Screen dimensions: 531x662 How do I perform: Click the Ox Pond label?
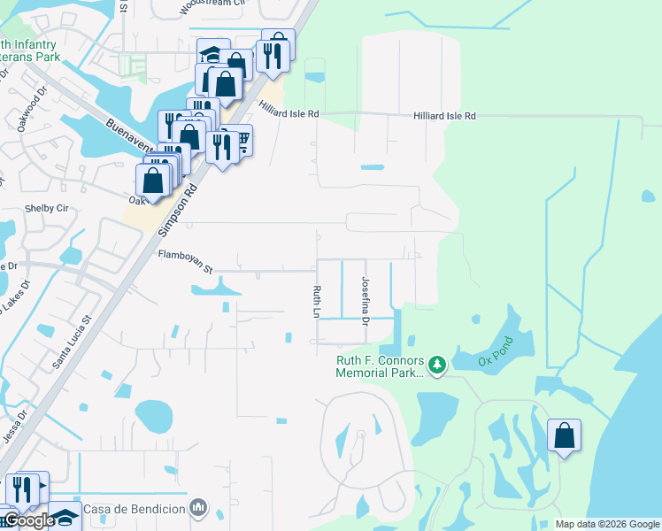[x=496, y=350]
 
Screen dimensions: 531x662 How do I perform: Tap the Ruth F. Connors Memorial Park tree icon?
[x=435, y=364]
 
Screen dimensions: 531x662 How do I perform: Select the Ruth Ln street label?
[x=315, y=301]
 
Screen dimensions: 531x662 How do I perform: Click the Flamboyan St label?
[x=185, y=256]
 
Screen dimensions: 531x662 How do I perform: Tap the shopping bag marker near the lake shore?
[x=564, y=435]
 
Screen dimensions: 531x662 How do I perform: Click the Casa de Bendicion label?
[x=135, y=509]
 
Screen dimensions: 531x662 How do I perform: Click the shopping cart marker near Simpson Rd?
[x=238, y=139]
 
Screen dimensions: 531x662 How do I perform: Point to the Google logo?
[x=28, y=520]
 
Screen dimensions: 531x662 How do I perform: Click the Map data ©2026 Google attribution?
[x=607, y=524]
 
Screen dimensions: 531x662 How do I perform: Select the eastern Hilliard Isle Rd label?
[x=444, y=116]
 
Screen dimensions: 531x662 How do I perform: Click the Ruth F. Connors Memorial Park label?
[x=379, y=366]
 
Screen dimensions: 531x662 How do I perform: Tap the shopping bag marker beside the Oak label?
[x=154, y=181]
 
